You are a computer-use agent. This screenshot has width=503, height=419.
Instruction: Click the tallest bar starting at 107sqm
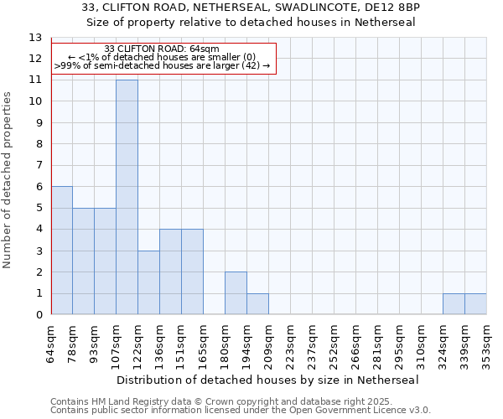pos(127,197)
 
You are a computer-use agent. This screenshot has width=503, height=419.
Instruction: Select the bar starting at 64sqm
pos(62,251)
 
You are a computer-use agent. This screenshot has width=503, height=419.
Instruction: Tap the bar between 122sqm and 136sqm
pos(148,282)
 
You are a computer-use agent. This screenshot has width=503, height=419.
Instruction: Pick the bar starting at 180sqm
pos(236,293)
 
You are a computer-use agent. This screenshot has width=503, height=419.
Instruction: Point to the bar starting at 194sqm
pos(257,304)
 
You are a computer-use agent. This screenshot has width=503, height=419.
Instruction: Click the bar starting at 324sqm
pos(454,304)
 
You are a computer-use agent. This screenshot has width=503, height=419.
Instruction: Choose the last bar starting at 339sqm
pos(475,304)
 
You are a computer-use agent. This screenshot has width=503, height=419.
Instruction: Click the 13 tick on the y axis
pos(35,38)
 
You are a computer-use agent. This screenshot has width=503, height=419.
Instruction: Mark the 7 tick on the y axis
pos(38,166)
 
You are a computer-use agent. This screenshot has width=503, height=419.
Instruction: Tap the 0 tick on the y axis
pos(38,315)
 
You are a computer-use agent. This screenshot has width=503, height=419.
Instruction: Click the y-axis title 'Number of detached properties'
pos(8,180)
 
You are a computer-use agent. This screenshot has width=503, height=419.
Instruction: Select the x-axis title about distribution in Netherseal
pos(268,380)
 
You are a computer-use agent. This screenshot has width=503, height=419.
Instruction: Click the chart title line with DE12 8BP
pos(251,8)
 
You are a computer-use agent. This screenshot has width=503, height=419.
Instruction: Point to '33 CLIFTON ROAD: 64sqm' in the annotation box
pos(163,49)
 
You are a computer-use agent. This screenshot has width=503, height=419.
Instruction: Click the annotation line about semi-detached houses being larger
pos(163,65)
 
